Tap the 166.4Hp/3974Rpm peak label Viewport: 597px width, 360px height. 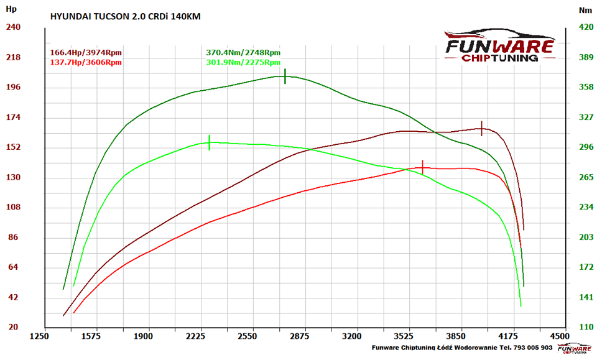pos(85,53)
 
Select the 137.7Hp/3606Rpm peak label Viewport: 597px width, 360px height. pos(85,62)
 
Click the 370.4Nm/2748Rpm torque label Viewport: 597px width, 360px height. pos(243,53)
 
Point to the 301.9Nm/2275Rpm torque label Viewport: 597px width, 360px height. pos(243,62)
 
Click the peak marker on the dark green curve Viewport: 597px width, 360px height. pos(285,76)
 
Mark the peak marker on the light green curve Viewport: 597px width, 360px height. pos(210,142)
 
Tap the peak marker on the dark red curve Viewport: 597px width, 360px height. pos(481,129)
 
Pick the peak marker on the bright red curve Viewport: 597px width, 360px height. pos(423,167)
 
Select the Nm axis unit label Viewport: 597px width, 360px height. pos(585,10)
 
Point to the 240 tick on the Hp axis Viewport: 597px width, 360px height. pos(13,27)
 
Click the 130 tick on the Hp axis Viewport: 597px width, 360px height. pos(13,177)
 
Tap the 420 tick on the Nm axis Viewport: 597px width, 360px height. pos(586,27)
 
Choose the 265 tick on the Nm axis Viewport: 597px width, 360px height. pos(586,177)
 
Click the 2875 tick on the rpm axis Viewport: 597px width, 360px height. pos(300,336)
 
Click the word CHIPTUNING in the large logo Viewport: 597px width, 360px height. pos(499,58)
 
